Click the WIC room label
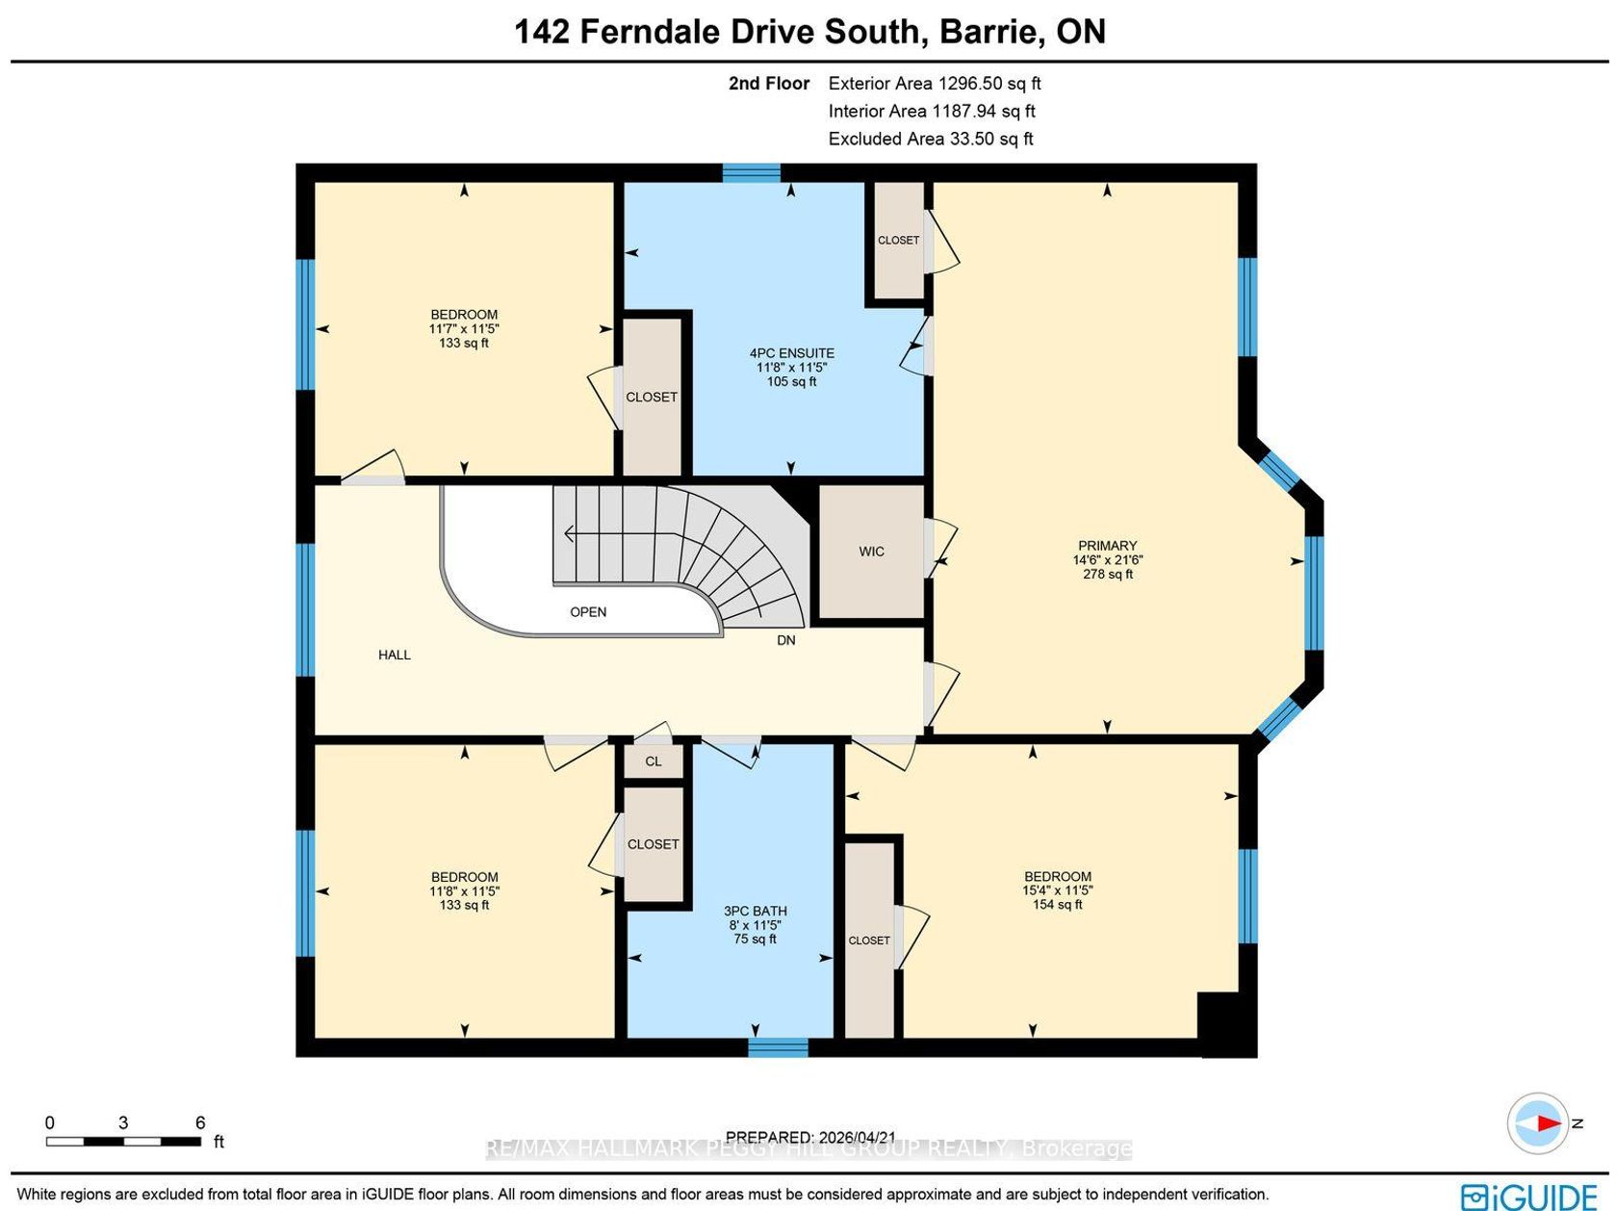pos(871,551)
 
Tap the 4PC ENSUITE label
pos(791,353)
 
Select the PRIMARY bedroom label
pos(1107,545)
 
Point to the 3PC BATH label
pos(755,911)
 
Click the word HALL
pos(394,655)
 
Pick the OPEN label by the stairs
pos(588,612)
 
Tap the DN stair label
pos(785,640)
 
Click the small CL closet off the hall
pos(654,760)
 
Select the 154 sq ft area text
pos(1057,904)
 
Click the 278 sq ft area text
pos(1107,574)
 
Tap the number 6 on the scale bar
pos(199,1121)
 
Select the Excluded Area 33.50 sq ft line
pos(931,139)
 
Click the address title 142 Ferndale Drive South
pos(717,32)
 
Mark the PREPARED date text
pos(810,1137)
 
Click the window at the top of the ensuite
pos(751,172)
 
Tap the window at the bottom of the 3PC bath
pos(778,1046)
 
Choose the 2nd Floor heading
pos(768,83)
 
